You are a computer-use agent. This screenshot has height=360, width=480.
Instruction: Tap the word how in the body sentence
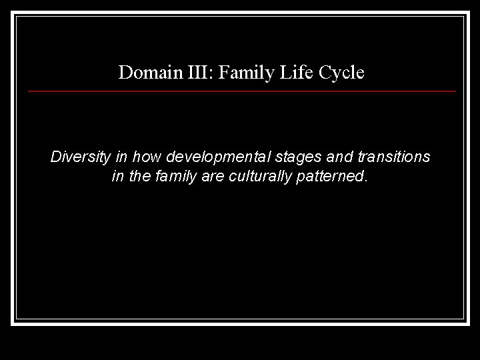coord(147,158)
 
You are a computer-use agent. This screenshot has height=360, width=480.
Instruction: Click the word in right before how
coord(122,158)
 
